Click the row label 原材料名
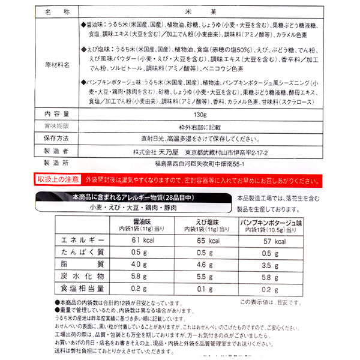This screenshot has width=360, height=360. pos(58,64)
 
